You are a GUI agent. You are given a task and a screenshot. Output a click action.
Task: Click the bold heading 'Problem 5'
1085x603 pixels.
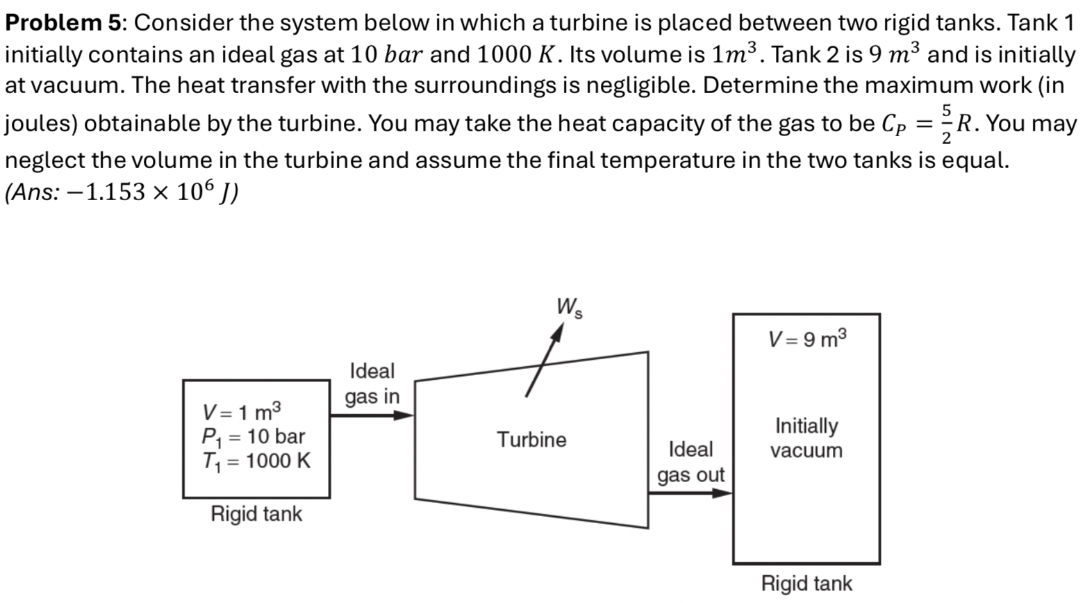[63, 23]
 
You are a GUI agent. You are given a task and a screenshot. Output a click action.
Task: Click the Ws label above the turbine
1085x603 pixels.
[569, 308]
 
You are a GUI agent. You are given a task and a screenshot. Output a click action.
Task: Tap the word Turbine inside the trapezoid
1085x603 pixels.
[531, 440]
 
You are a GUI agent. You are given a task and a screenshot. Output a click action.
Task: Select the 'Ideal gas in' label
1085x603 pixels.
[372, 383]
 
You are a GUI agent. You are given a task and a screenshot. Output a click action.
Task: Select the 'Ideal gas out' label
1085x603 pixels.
[690, 462]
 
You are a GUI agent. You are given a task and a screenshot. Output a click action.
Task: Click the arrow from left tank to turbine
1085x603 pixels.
[372, 415]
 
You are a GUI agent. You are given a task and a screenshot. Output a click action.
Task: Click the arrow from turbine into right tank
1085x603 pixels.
[690, 493]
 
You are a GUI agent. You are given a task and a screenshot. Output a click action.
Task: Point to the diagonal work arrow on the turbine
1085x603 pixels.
[543, 361]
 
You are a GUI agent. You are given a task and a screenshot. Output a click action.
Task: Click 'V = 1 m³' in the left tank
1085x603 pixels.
[241, 413]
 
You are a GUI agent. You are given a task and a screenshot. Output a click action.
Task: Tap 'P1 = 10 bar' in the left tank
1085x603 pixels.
[253, 437]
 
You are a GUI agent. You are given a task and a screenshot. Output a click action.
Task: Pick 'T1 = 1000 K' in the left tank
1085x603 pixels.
[256, 461]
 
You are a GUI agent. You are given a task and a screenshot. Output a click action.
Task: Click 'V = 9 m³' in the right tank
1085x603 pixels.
[807, 339]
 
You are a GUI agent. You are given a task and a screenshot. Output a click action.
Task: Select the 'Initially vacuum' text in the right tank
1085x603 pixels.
[806, 438]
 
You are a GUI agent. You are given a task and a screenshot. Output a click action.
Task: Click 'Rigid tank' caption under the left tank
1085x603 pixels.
[256, 514]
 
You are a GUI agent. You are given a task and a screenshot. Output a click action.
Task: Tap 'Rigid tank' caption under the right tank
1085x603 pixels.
[806, 584]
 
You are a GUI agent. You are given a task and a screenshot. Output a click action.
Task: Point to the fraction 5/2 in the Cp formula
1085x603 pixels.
[945, 124]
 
